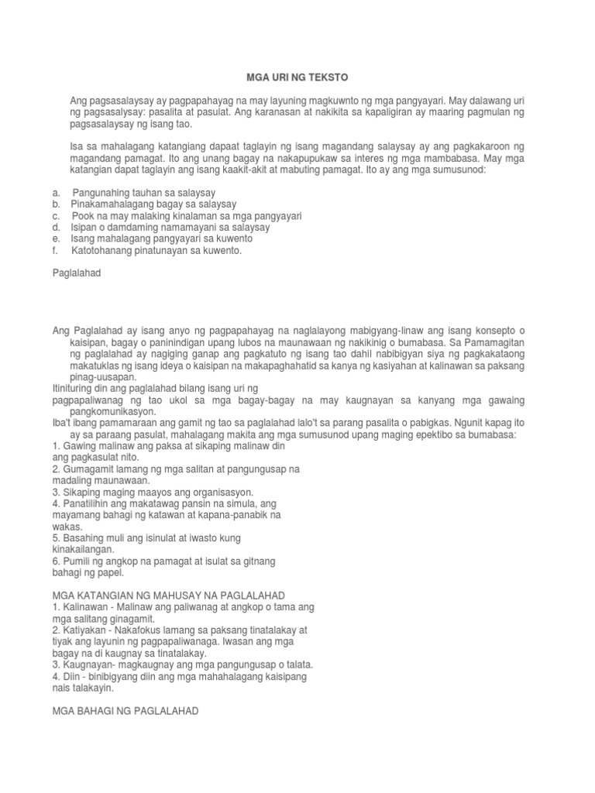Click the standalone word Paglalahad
[x=75, y=273]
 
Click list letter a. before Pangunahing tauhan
[x=56, y=191]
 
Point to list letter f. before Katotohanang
[x=56, y=250]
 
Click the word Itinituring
[x=77, y=387]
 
